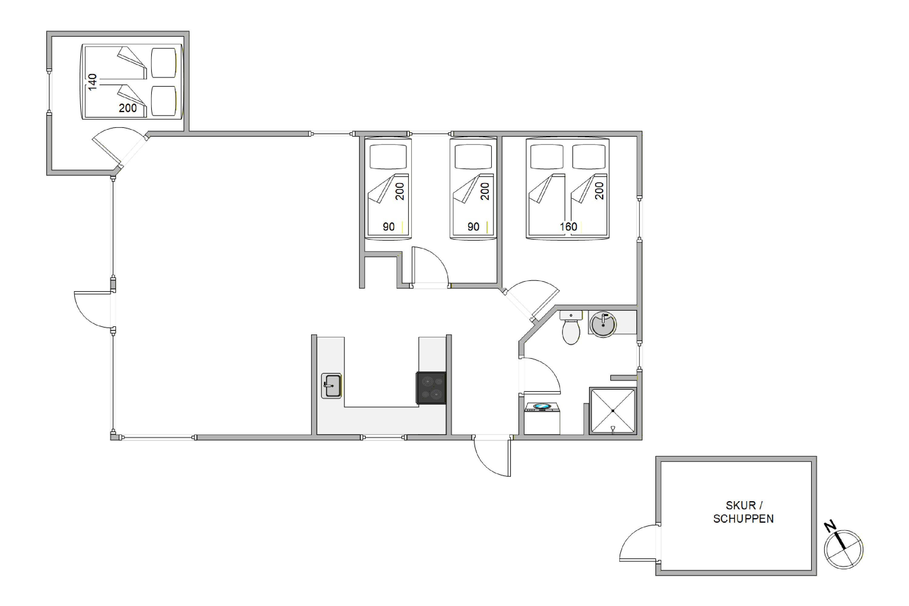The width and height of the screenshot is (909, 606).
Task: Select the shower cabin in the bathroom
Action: point(613,411)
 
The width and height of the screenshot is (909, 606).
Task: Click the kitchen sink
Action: point(331,386)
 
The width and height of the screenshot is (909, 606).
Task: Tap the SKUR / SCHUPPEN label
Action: point(743,512)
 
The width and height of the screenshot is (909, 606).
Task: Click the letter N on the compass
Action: point(830,527)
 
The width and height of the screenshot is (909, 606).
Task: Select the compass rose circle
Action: point(844,549)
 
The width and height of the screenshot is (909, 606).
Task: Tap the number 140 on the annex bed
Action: point(92,82)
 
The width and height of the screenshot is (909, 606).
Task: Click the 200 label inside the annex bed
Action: point(128,108)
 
